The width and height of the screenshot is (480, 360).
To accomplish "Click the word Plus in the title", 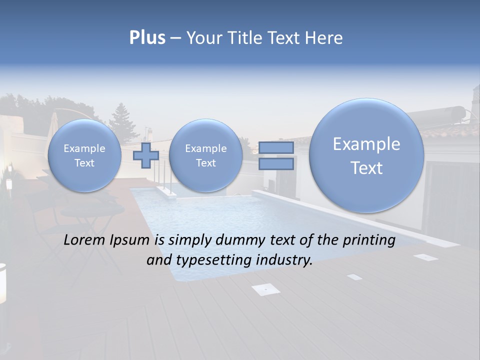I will pos(147,38).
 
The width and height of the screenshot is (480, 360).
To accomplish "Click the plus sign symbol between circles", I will pos(146,155).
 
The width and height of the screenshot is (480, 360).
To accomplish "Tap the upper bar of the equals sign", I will pos(276,147).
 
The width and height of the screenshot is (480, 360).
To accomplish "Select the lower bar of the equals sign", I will pos(276,163).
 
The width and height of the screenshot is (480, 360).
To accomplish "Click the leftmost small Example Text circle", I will pos(84,155).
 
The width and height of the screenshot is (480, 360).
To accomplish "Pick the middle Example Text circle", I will pos(205,155).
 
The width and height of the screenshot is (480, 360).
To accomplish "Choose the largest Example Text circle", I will pos(366,155).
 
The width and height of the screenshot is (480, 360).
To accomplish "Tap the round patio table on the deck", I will pos(92,210).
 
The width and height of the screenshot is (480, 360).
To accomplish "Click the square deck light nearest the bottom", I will pos(265,288).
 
